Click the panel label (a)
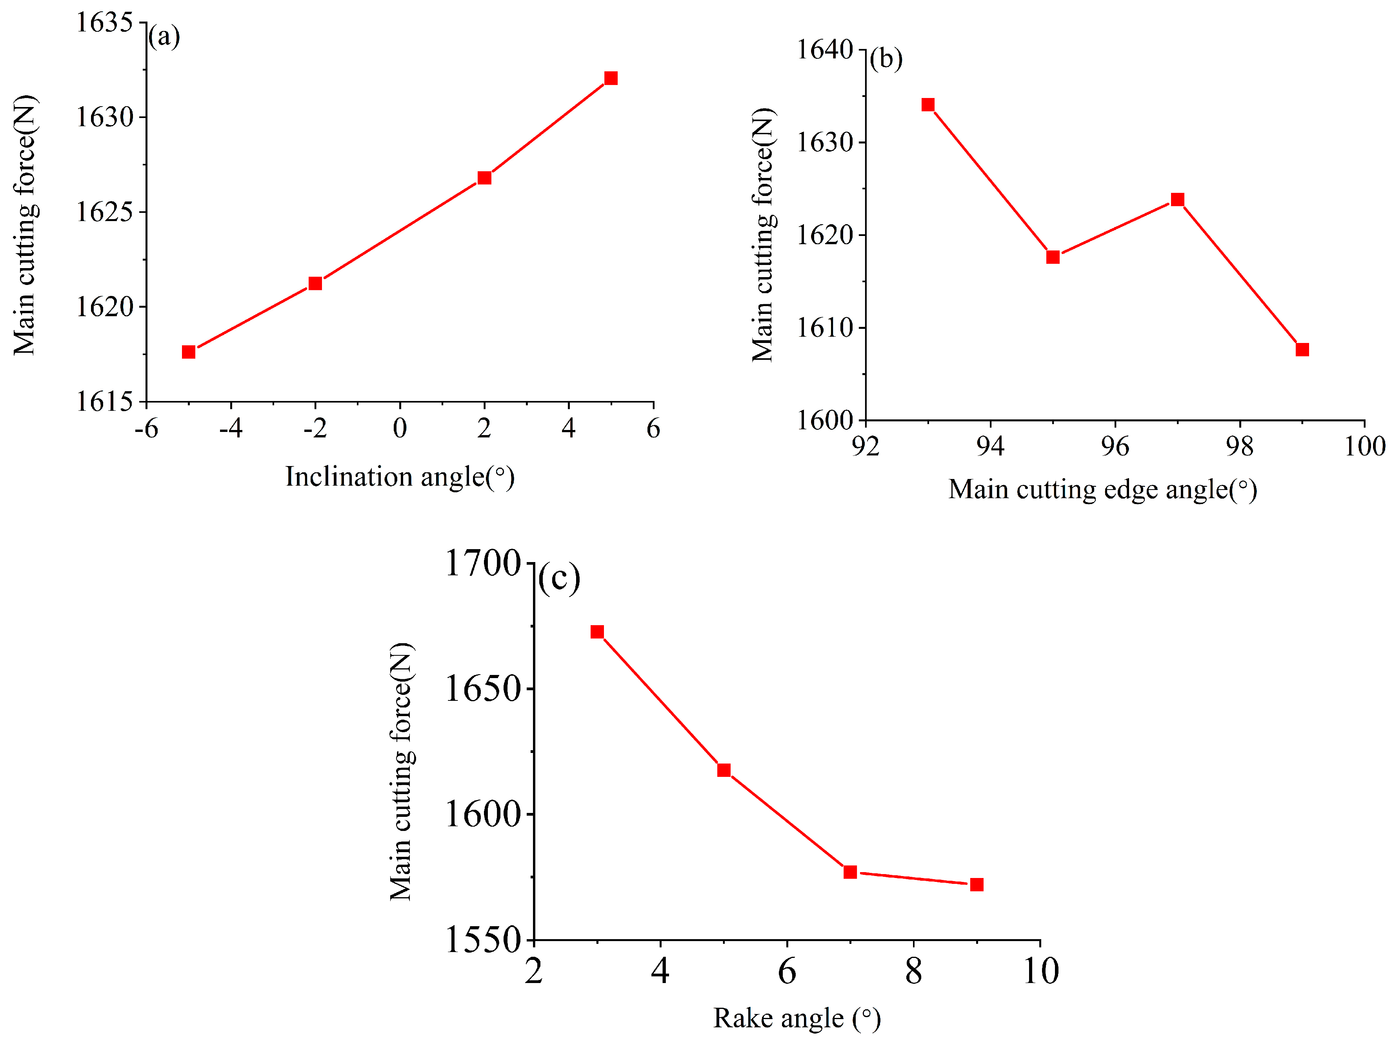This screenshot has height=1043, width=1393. pos(164,36)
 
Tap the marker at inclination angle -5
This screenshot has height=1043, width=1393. pos(188,352)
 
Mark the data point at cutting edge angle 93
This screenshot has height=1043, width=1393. pos(927,105)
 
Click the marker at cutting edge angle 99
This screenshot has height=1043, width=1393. pos(1302,349)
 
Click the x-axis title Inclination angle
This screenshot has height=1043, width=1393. pos(400,477)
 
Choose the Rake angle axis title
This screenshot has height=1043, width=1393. pos(797,1018)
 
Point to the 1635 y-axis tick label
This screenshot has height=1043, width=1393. pos(104,23)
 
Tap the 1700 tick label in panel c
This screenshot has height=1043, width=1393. pos(483,563)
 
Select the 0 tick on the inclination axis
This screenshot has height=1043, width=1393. pos(400,429)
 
